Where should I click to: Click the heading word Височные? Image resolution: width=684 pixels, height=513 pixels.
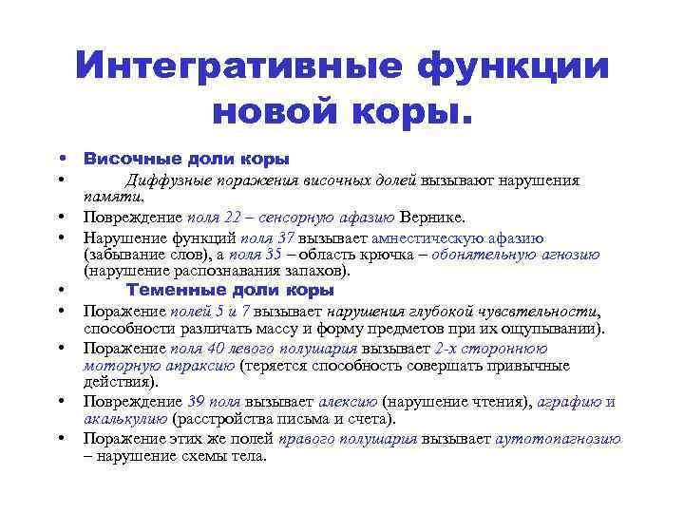125,160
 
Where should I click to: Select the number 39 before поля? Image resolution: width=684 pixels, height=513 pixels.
197,402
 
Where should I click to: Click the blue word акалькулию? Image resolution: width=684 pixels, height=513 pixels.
125,418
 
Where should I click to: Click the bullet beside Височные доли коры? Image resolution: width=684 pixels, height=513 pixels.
60,159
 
